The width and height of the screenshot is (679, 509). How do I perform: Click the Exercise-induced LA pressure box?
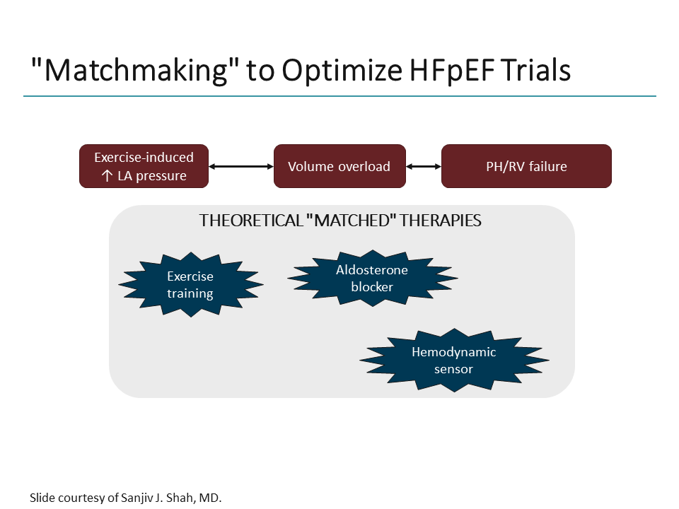144,166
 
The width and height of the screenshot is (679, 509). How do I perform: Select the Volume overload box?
339,166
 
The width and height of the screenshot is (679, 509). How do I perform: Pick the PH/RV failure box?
526,166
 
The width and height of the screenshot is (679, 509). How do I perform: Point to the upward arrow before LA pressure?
107,176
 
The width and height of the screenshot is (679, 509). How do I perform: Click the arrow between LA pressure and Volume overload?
241,166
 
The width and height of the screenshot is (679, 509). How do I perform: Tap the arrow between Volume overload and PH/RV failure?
424,166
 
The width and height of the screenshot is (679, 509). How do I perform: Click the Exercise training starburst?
190,284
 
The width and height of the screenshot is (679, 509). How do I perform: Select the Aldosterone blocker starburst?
371,278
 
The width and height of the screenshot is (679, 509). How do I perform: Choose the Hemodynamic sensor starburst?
453,360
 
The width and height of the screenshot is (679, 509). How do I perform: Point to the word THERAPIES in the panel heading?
441,221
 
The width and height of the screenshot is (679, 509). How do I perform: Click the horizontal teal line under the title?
339,95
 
